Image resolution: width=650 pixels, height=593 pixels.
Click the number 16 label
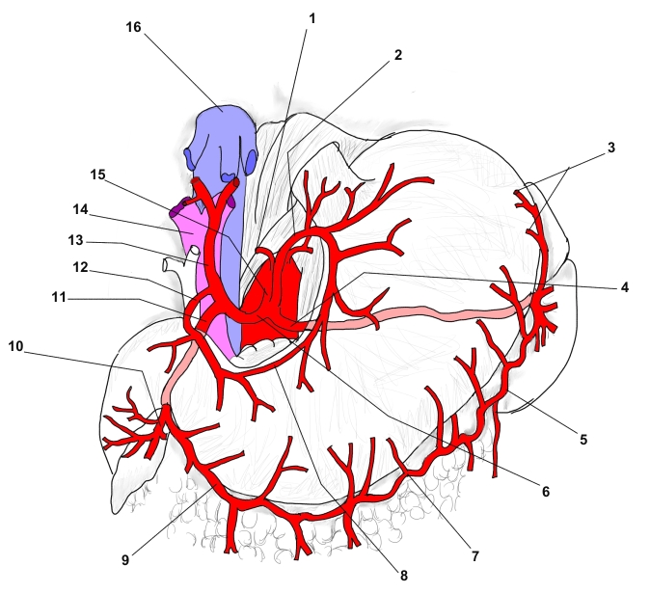point(133,27)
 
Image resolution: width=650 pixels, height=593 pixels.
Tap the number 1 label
point(311,18)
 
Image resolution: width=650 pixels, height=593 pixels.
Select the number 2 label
point(396,55)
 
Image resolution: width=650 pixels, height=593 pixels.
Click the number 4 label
point(624,286)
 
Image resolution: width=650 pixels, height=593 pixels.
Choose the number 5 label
point(582,440)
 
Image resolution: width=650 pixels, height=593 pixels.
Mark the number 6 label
point(545,492)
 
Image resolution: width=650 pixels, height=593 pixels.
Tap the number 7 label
point(474,556)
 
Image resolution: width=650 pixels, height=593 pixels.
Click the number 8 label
point(403,576)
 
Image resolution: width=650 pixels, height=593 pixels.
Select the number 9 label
point(126,557)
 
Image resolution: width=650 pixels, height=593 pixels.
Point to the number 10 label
point(15,345)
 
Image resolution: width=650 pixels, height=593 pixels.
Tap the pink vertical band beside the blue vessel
point(205,289)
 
